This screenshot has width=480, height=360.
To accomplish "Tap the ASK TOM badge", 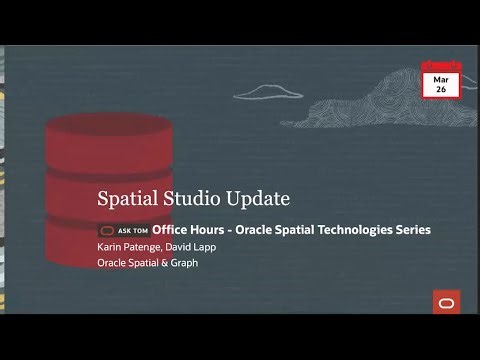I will pyautogui.click(x=123, y=230).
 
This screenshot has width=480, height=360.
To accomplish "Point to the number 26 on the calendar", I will pyautogui.click(x=439, y=89).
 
